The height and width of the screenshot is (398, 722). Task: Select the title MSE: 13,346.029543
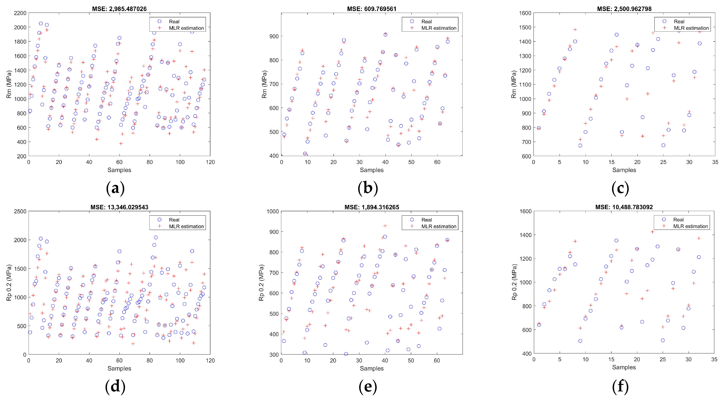click(119, 207)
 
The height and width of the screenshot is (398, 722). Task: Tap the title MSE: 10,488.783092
click(624, 207)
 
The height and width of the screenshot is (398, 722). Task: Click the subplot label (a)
click(115, 188)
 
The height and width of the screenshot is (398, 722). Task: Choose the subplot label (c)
click(620, 188)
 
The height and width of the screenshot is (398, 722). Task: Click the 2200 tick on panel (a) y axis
click(20, 13)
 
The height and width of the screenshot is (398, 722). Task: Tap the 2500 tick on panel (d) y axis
click(20, 211)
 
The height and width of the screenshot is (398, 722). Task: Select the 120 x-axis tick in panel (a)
click(210, 162)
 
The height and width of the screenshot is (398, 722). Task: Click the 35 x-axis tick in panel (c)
click(715, 162)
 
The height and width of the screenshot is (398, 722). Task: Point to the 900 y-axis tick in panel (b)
click(274, 36)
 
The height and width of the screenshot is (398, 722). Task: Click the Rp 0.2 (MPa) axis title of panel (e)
click(261, 283)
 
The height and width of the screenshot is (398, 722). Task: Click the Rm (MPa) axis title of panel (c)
click(514, 84)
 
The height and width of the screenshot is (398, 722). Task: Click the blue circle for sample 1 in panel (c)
click(539, 128)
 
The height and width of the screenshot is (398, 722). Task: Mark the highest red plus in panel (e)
click(385, 226)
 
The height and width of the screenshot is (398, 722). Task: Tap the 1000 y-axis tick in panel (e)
click(273, 211)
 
